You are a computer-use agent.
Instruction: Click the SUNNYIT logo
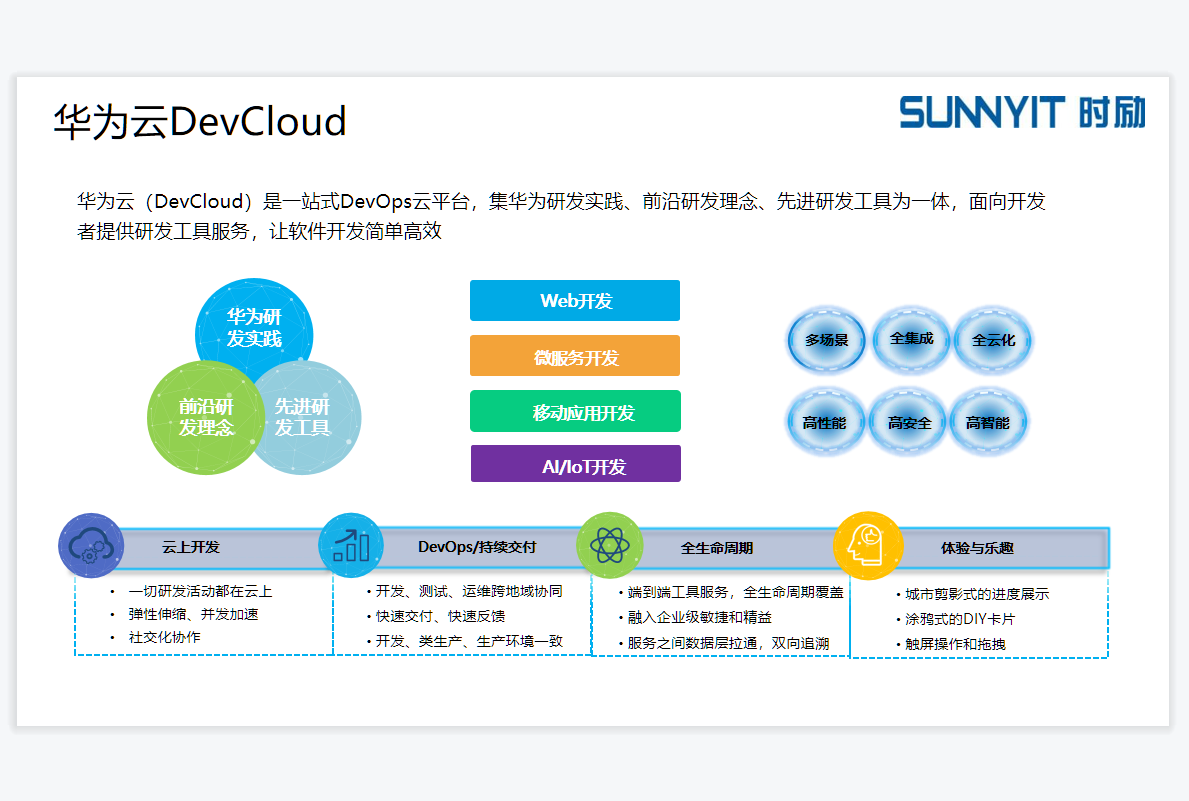point(1022,112)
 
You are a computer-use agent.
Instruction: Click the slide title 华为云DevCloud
point(200,122)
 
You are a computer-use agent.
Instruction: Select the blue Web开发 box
point(575,300)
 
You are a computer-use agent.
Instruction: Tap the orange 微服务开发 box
point(575,356)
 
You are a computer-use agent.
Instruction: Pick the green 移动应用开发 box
point(575,411)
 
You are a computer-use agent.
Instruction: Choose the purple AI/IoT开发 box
point(575,465)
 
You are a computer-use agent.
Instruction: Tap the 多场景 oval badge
point(826,340)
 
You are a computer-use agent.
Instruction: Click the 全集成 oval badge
point(911,338)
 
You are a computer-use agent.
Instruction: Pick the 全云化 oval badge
point(993,340)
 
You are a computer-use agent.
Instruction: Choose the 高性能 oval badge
point(824,422)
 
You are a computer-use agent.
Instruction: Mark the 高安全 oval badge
point(909,422)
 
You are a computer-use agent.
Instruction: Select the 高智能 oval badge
point(987,422)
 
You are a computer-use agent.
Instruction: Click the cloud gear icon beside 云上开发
point(90,546)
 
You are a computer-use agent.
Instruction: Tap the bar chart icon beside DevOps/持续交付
point(351,545)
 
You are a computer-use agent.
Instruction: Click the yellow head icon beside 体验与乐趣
point(866,545)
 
